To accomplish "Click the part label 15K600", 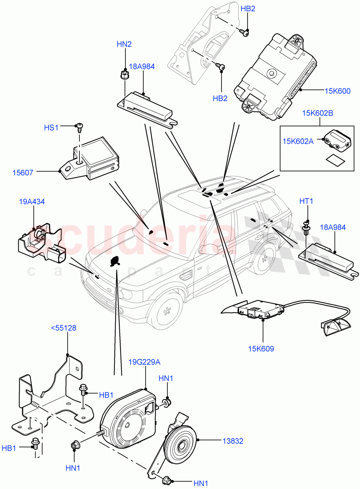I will tap(338, 91).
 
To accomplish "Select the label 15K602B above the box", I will tap(317, 113).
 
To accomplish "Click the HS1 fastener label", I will tap(52, 128).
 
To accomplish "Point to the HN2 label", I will tap(124, 44).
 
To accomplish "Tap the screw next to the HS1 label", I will tap(79, 128).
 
